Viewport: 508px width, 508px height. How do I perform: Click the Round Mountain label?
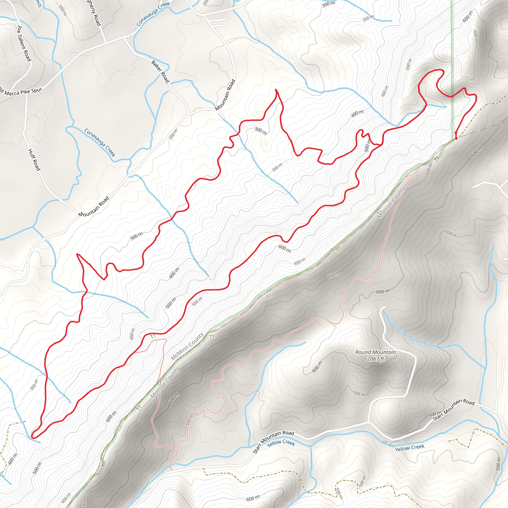375,352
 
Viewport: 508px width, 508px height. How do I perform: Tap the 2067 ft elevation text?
376,359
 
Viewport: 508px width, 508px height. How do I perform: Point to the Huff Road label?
34,159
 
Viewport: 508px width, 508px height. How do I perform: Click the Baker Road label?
160,71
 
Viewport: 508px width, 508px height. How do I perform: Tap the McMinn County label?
187,346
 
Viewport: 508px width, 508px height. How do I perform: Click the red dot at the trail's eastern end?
456,138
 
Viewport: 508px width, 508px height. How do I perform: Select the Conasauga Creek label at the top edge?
153,14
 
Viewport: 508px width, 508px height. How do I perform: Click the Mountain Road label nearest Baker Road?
225,95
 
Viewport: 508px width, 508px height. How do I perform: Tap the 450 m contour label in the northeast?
385,91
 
